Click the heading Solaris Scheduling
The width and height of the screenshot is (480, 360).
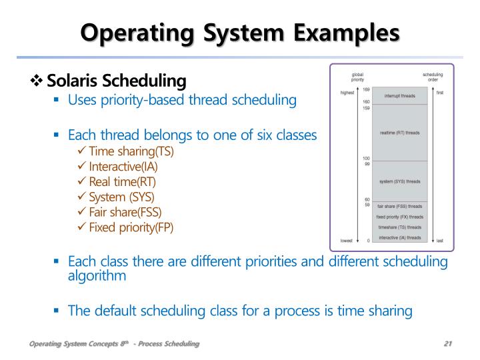pyautogui.click(x=116, y=81)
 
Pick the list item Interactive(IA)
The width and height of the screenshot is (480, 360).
pyautogui.click(x=123, y=166)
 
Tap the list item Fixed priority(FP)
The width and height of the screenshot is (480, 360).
pyautogui.click(x=131, y=227)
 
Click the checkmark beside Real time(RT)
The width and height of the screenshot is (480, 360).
pyautogui.click(x=82, y=181)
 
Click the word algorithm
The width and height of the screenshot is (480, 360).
pyautogui.click(x=97, y=275)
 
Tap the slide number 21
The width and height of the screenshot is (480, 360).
pyautogui.click(x=447, y=343)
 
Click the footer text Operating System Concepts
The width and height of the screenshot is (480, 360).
pyautogui.click(x=73, y=343)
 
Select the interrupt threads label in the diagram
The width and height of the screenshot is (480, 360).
pyautogui.click(x=399, y=96)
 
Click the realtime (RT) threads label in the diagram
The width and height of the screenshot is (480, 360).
pyautogui.click(x=399, y=133)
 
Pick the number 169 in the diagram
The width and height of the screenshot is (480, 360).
pyautogui.click(x=367, y=89)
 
